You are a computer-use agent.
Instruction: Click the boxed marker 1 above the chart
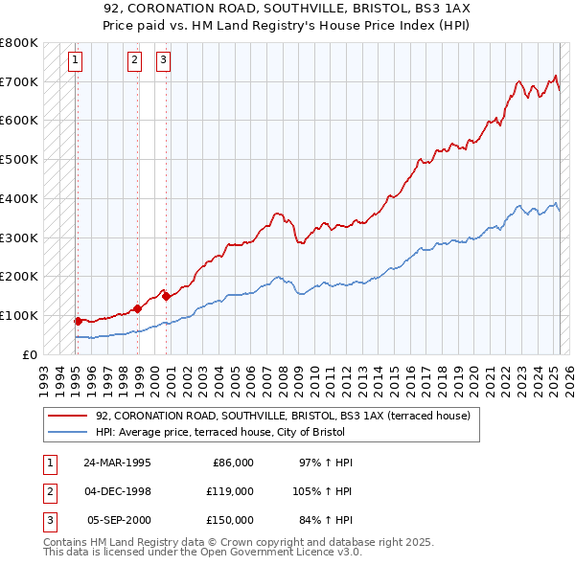75,60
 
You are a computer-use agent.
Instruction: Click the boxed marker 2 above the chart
135,60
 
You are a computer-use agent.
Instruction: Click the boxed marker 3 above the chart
164,60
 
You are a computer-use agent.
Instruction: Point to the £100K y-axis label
19,315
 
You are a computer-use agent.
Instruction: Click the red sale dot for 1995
78,321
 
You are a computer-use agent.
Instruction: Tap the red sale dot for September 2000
166,296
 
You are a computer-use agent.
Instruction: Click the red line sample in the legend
66,417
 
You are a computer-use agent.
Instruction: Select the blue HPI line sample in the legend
66,431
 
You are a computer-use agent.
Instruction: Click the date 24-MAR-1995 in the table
117,463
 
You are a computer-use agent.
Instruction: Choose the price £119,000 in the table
229,491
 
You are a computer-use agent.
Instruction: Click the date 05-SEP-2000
117,520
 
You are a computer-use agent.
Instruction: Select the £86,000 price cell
233,463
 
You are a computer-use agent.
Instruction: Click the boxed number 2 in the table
48,491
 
